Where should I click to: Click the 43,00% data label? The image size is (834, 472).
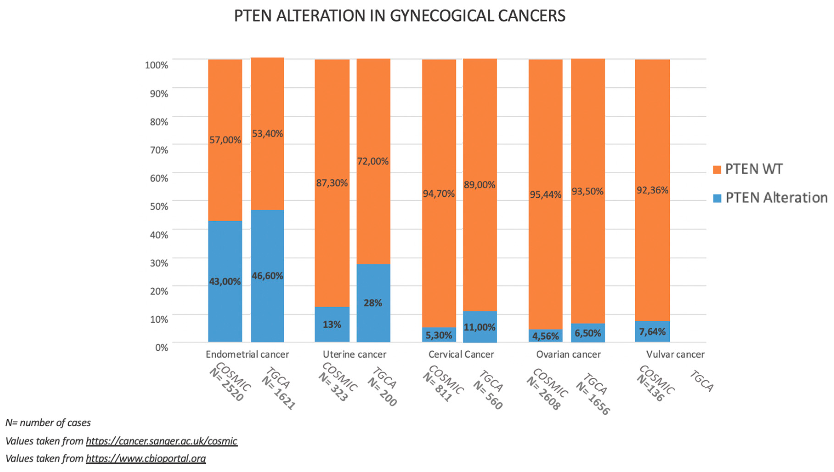[x=225, y=281]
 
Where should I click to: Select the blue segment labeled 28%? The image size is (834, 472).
[x=373, y=303]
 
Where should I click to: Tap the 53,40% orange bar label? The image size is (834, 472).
[x=267, y=134]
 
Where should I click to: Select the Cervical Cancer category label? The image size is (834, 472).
[x=461, y=354]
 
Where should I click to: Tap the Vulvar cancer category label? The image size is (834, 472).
[x=675, y=354]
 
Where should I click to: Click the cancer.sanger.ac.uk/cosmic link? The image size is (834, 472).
[x=161, y=441]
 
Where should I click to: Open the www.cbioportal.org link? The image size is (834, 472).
[x=146, y=458]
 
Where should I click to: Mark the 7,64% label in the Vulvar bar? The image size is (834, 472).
[x=652, y=332]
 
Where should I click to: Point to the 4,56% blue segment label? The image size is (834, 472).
[x=546, y=336]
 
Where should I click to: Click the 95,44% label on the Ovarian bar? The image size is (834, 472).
[x=546, y=194]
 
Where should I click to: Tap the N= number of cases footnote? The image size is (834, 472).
[x=48, y=423]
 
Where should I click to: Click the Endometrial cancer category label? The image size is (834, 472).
[x=247, y=354]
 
